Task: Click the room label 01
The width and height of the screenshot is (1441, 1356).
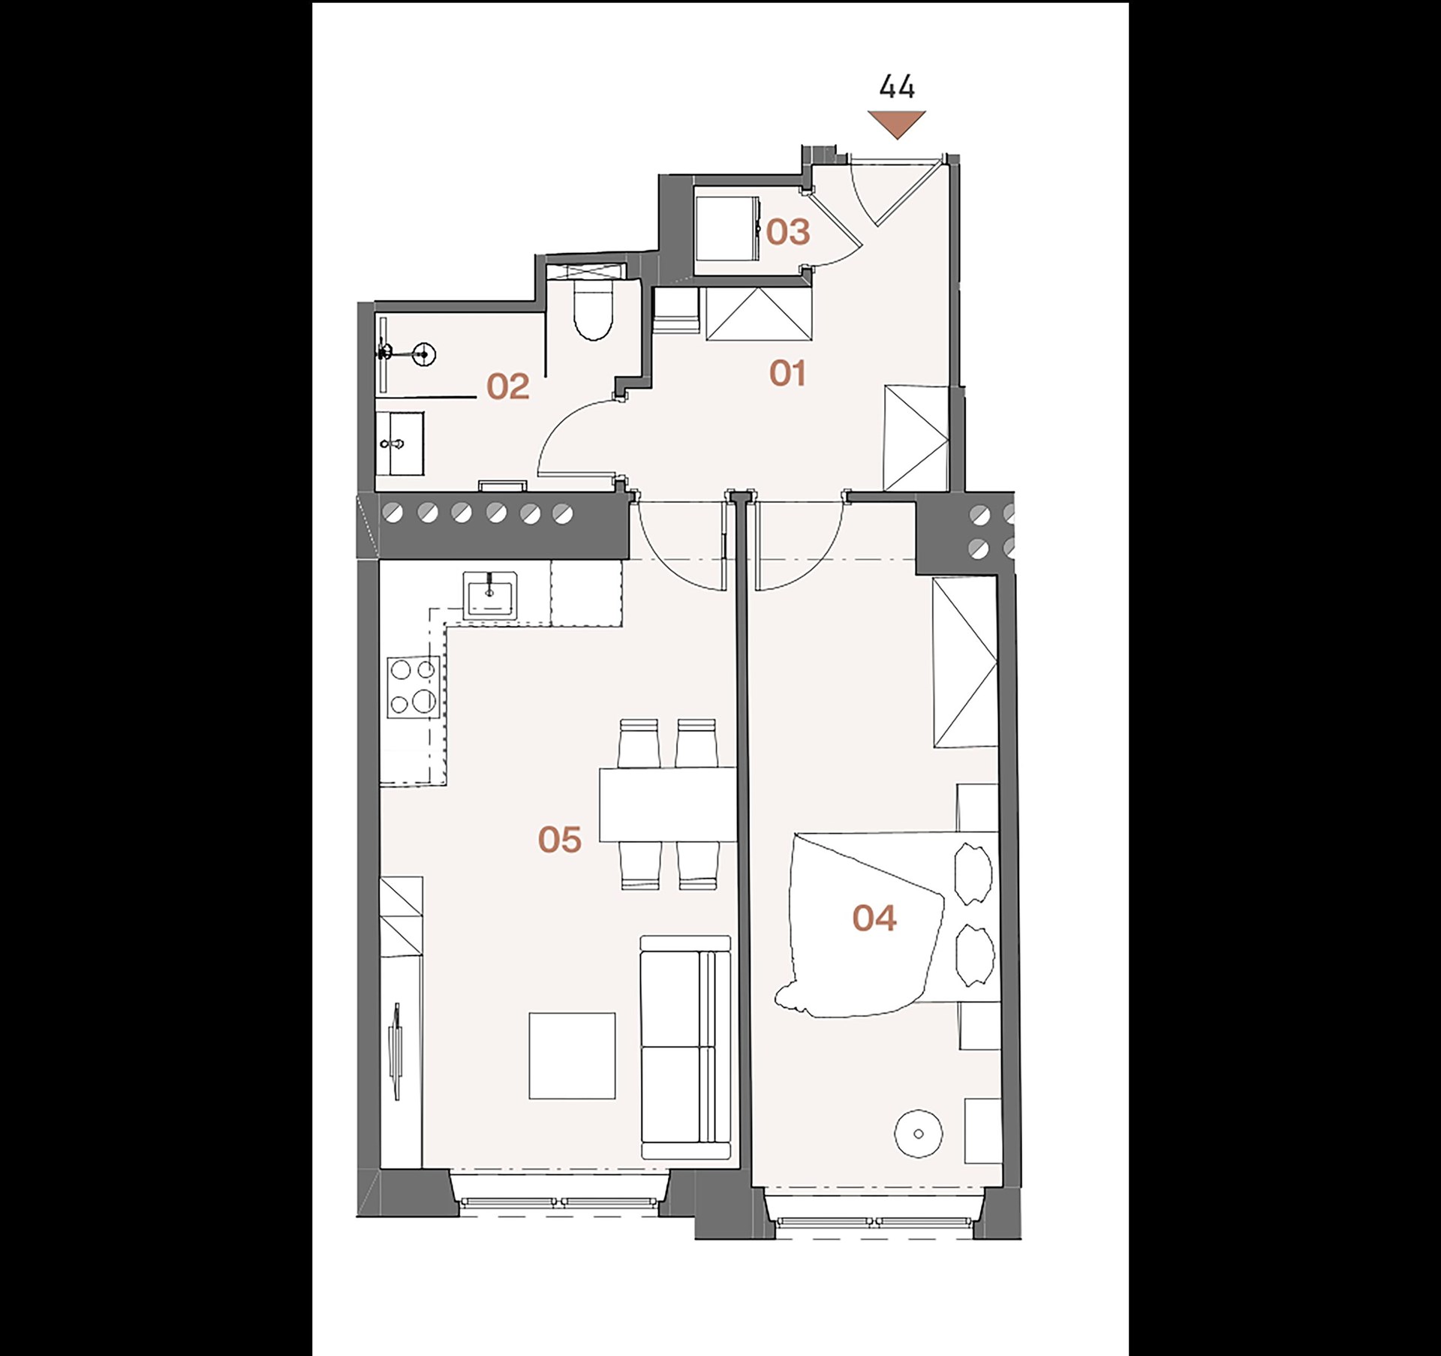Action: point(787,373)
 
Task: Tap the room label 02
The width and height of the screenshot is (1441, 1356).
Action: point(507,386)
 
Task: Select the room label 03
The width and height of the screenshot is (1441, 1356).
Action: point(788,232)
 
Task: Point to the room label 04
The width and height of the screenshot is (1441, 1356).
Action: point(874,918)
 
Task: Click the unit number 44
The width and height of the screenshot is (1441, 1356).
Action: point(897,87)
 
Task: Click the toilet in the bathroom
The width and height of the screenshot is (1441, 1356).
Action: point(593,309)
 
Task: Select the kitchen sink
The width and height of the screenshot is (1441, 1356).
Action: point(490,595)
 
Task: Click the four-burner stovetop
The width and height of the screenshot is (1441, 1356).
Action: point(413,686)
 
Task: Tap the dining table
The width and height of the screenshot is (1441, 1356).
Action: point(668,804)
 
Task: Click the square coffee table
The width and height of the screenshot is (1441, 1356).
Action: point(572,1056)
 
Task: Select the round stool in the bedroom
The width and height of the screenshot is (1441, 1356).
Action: point(919,1134)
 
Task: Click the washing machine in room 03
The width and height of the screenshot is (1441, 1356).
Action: point(727,228)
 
